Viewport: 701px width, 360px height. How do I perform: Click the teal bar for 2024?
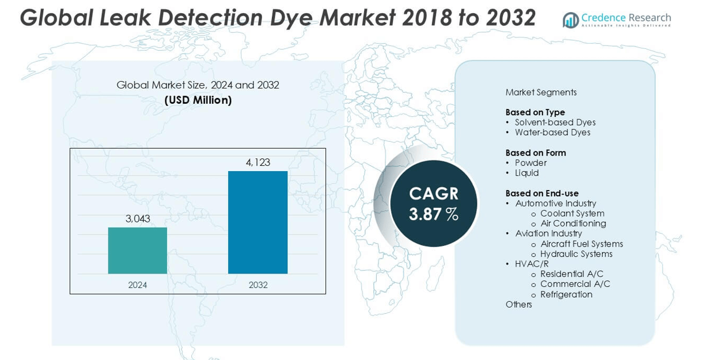coord(137,251)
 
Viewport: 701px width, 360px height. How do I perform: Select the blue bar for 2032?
coord(257,222)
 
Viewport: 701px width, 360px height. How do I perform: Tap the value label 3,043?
coord(138,219)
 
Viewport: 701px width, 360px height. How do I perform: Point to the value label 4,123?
coord(257,162)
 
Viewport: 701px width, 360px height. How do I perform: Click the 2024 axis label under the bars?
coord(138,285)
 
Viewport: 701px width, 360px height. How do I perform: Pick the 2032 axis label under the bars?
coord(257,285)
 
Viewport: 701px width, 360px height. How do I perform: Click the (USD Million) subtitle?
coord(198,100)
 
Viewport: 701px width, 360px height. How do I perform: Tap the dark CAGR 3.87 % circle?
coord(434,203)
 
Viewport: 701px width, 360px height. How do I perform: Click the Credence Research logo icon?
coord(570,20)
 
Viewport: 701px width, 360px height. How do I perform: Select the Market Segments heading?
coord(541,92)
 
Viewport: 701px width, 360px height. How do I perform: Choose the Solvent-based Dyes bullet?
coord(555,122)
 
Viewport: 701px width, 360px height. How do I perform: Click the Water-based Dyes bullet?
coord(552,132)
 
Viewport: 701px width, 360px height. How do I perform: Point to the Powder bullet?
coord(531,163)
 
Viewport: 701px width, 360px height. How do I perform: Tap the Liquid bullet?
coord(526,173)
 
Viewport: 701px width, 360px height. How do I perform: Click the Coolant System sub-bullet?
coord(572,214)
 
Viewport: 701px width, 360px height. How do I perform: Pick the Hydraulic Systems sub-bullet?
coord(576,254)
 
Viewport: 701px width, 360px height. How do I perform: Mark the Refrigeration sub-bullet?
coord(566,294)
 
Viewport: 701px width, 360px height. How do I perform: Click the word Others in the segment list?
coord(518,304)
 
